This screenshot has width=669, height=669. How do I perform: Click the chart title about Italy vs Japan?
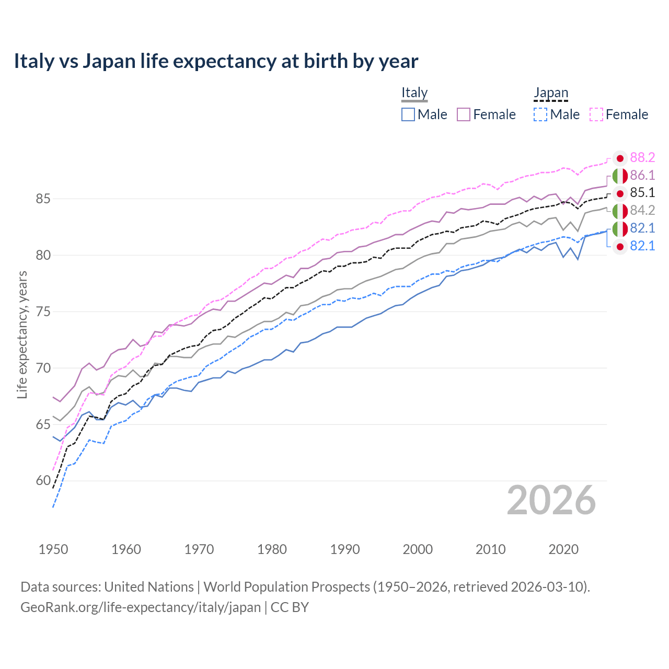(x=216, y=61)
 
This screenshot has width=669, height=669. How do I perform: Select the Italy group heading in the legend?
(x=414, y=93)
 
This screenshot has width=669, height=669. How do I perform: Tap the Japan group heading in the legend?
(x=550, y=93)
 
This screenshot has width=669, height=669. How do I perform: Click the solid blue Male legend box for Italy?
(x=408, y=114)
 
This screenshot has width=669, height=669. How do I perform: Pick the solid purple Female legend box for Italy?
(x=464, y=114)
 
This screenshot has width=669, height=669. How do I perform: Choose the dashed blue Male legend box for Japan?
(x=540, y=114)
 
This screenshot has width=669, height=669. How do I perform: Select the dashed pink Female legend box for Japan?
(x=596, y=114)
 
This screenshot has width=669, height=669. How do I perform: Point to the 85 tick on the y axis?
(x=43, y=199)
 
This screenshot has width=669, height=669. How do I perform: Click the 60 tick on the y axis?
(x=43, y=481)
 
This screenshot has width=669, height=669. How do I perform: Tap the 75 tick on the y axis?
(x=43, y=312)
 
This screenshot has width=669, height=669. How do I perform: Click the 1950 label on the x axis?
(x=53, y=549)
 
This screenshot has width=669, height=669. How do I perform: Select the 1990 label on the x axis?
(x=345, y=549)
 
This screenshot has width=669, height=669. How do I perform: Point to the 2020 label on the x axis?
(x=563, y=549)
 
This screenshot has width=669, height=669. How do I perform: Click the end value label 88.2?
(x=642, y=158)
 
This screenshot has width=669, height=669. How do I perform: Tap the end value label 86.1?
(x=642, y=175)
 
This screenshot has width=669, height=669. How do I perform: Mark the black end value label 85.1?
(x=642, y=193)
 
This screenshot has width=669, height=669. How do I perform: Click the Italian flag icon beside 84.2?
(x=620, y=211)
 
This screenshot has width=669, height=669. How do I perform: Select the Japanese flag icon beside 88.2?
(x=620, y=158)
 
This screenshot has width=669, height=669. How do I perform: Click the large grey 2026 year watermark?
(x=551, y=500)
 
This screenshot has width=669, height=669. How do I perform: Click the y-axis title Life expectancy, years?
(x=22, y=334)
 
